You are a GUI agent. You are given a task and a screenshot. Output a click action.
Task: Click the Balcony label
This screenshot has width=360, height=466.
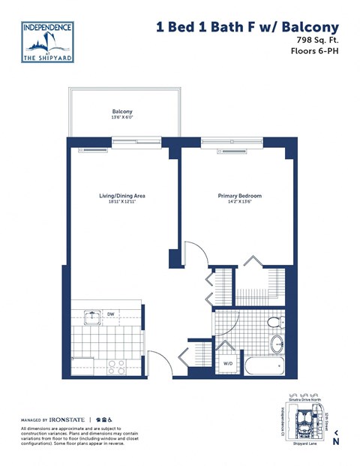click(122, 111)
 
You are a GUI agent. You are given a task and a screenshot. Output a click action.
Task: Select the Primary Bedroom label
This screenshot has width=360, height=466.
click(239, 196)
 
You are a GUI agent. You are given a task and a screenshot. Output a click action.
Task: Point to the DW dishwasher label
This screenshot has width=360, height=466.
click(110, 314)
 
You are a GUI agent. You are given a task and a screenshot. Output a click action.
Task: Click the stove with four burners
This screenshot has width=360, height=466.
click(116, 367)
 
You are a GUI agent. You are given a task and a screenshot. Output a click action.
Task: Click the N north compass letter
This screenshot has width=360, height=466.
click(336, 441)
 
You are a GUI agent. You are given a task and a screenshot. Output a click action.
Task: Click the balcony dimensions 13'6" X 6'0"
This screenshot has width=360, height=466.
click(122, 118)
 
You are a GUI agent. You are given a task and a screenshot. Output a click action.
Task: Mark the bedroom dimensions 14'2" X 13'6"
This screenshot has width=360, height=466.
click(239, 202)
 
